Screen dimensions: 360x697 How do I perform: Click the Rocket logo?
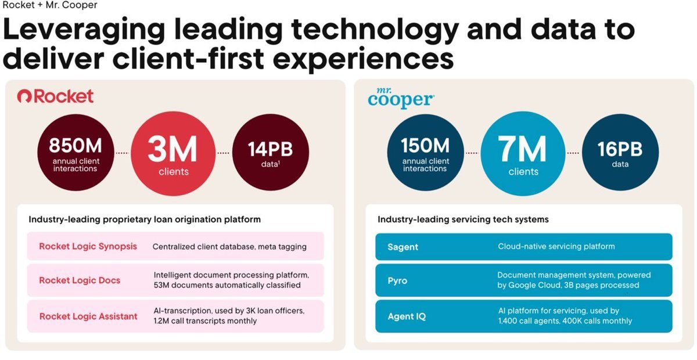55,96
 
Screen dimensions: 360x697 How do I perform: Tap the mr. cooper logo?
401,98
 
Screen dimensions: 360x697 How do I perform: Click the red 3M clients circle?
173,153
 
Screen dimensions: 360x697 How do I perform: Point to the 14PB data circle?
270,153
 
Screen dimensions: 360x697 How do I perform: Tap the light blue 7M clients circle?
523,153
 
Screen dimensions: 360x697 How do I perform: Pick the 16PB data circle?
620,153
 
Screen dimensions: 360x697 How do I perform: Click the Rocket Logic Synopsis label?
88,246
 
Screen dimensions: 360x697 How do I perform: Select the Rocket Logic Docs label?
80,280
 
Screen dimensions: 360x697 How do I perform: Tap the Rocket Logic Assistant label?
88,316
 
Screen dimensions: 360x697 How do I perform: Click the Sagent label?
403,247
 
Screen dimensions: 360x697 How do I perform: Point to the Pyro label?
397,281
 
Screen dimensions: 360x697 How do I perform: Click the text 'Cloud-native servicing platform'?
556,246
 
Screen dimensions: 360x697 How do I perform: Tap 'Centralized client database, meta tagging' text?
229,247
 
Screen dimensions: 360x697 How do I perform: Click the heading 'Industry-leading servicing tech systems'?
463,219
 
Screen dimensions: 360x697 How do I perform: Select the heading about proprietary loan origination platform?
145,219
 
